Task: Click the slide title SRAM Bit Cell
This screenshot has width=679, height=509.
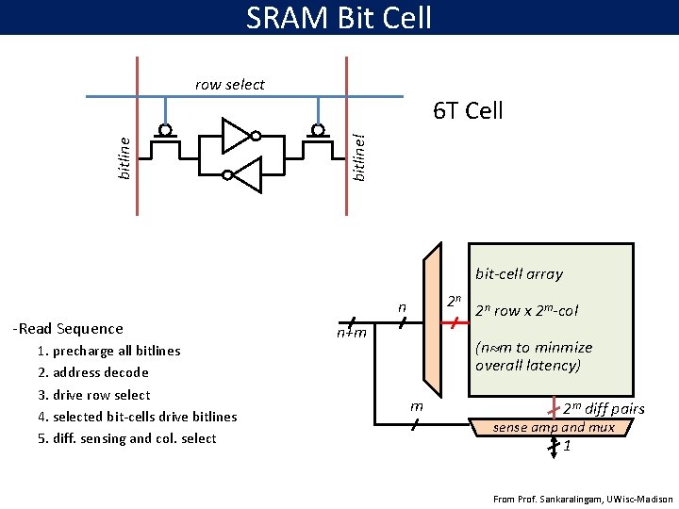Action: (339, 17)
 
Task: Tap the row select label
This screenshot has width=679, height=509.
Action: (230, 85)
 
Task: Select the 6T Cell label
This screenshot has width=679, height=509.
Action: (468, 111)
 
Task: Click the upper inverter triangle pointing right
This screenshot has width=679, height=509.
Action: (234, 135)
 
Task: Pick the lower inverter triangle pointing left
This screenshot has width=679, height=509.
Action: (246, 174)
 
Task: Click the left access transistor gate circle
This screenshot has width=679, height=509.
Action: (165, 129)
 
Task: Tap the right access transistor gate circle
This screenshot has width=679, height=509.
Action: (318, 129)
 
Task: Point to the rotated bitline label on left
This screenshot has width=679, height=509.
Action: (124, 156)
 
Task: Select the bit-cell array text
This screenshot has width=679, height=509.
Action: (519, 274)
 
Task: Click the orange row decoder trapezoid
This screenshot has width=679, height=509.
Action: (433, 320)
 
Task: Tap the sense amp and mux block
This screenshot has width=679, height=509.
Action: (555, 428)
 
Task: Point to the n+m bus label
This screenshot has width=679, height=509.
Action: (353, 331)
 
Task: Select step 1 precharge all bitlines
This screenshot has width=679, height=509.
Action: (109, 351)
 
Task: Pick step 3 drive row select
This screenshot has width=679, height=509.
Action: (94, 395)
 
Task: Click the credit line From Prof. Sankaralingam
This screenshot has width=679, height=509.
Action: (583, 499)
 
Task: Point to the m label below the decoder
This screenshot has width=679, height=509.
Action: (416, 405)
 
